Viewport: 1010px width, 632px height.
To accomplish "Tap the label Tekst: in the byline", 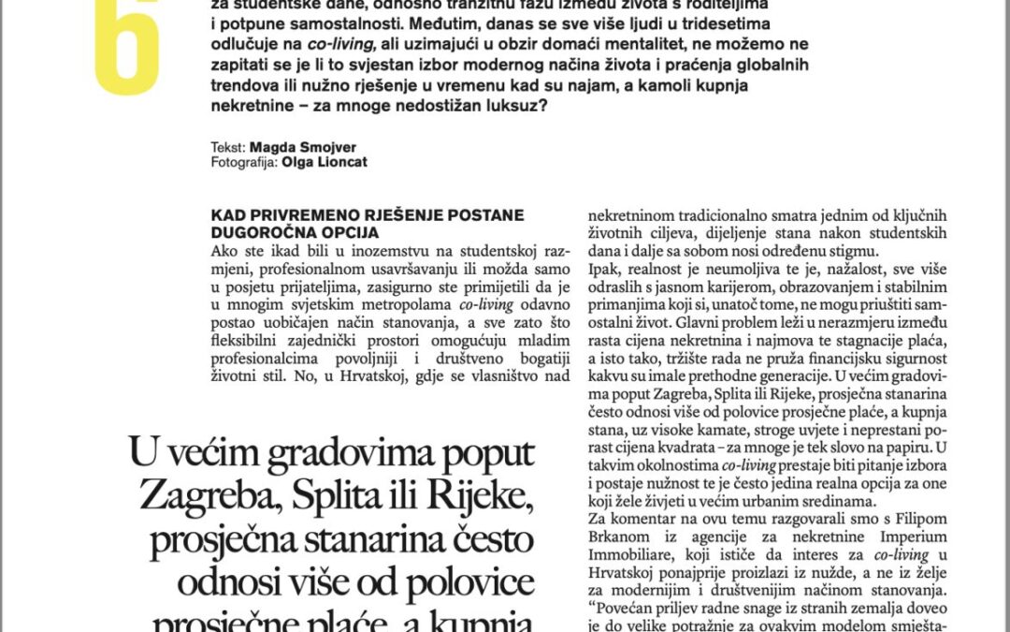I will pos(229,148).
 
